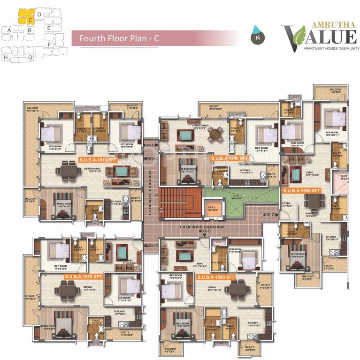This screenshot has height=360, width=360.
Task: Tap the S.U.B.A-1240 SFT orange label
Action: pos(229,158)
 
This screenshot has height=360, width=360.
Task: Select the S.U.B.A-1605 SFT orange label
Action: pos(301,191)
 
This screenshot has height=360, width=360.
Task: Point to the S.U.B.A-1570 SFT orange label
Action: pos(83,277)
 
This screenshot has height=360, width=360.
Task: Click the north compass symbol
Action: pos(256,35)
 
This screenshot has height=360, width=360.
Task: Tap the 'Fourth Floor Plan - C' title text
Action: pos(119,38)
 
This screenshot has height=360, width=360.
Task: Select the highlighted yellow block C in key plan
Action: pos(26,19)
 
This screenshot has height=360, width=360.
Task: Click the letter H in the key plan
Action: pos(5,57)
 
